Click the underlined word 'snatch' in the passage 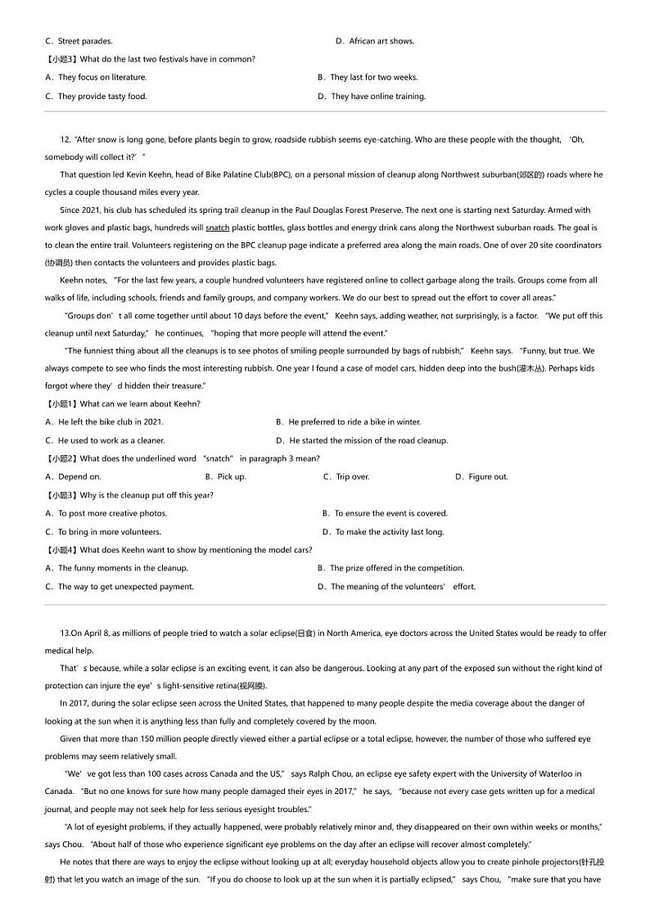pos(217,228)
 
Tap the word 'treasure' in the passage pos(183,386)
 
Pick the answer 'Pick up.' pos(230,477)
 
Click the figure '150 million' pos(149,739)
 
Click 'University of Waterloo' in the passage pos(530,773)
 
